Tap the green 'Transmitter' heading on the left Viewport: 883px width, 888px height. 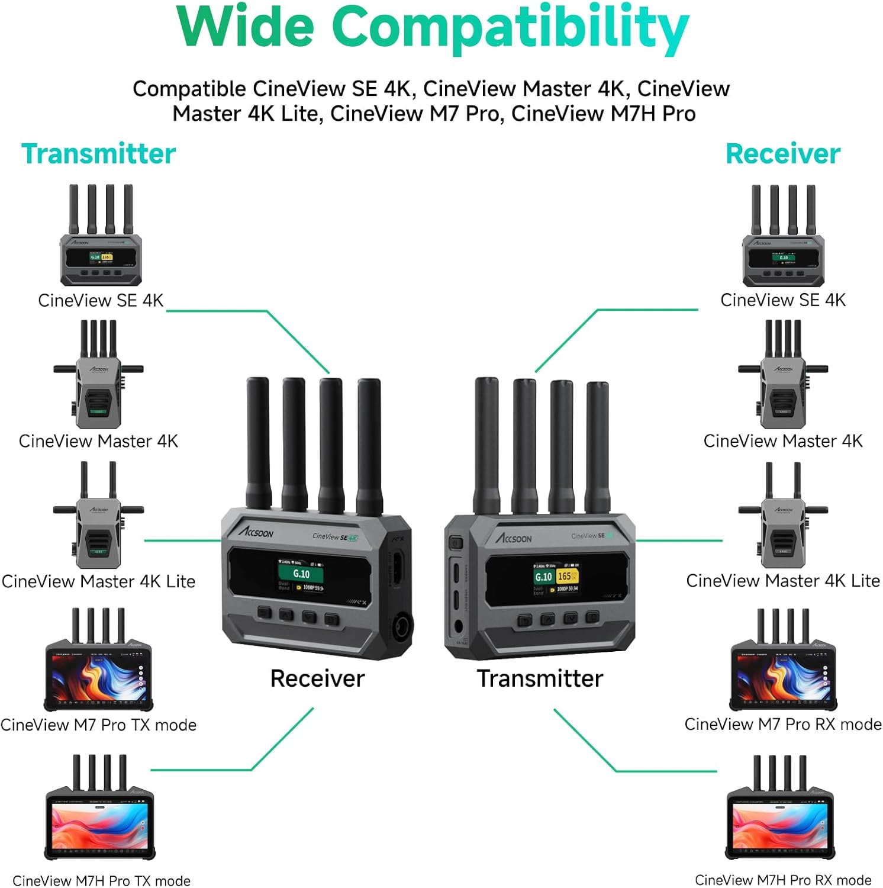coord(98,154)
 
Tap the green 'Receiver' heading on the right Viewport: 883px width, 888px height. coord(782,154)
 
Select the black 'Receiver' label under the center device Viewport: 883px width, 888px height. coord(317,678)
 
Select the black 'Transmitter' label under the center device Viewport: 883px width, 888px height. coord(540,678)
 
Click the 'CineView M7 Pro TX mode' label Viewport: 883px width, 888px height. coord(98,725)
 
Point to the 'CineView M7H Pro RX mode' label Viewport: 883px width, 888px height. coord(782,880)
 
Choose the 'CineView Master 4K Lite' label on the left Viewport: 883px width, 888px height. coord(98,581)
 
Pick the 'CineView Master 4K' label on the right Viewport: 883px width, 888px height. coord(782,441)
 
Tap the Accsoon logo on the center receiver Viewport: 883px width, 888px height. coord(257,531)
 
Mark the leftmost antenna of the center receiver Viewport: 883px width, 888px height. coord(257,444)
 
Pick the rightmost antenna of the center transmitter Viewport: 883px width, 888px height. coord(597,447)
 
